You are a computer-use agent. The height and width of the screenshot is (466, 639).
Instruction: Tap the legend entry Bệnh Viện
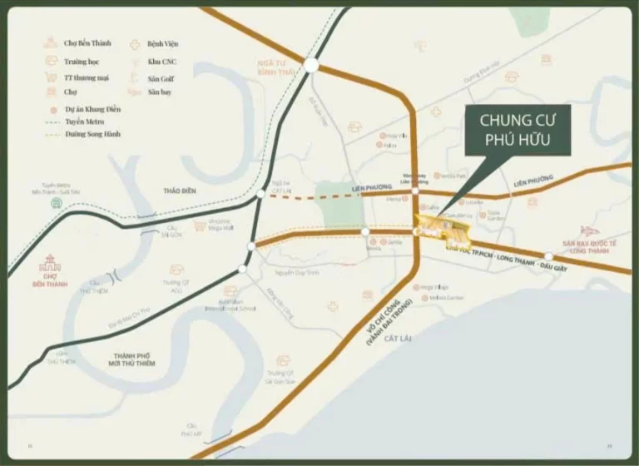tap(163, 42)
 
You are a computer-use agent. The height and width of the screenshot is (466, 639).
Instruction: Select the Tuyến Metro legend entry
tap(84, 121)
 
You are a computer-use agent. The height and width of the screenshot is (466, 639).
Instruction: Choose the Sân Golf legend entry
tap(159, 78)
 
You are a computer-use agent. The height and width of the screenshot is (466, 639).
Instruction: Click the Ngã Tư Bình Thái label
tap(276, 67)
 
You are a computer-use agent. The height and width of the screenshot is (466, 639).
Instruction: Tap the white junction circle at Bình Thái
tap(311, 65)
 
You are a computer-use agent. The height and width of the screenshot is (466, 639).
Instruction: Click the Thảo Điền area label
tap(180, 191)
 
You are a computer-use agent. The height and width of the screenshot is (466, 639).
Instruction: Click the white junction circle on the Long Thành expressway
tap(548, 257)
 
